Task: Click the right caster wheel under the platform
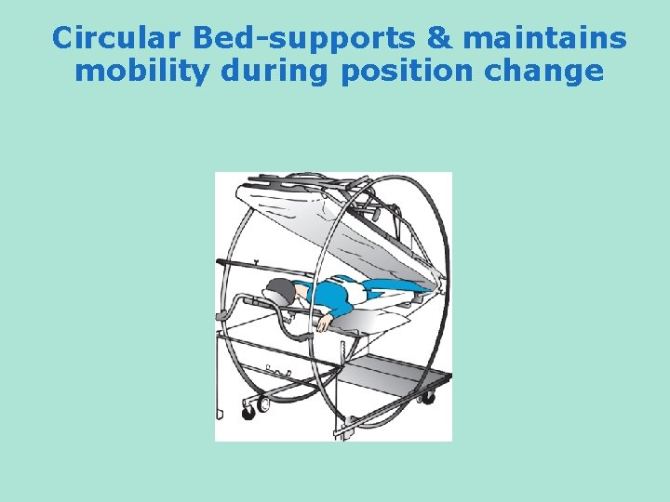coord(427,398)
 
